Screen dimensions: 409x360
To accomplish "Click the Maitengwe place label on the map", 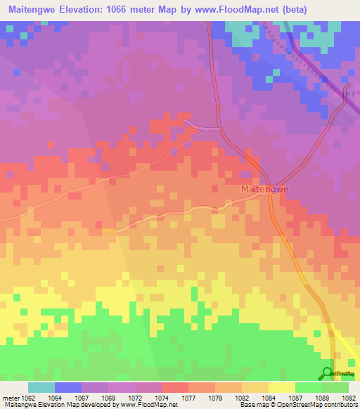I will click(x=265, y=190).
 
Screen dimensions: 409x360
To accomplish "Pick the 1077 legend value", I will click(x=188, y=397).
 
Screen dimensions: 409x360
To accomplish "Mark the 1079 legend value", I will click(x=214, y=397).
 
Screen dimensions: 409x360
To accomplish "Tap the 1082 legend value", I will click(x=241, y=397).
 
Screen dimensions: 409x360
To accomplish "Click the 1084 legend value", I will click(x=268, y=397).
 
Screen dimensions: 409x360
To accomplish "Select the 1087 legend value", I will click(x=295, y=397).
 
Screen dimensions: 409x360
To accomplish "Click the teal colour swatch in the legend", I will click(x=41, y=387).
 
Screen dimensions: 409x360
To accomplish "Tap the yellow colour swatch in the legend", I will click(x=282, y=387).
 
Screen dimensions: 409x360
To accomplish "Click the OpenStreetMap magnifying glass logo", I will click(x=328, y=373).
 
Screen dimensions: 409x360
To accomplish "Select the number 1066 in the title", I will click(x=124, y=10).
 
